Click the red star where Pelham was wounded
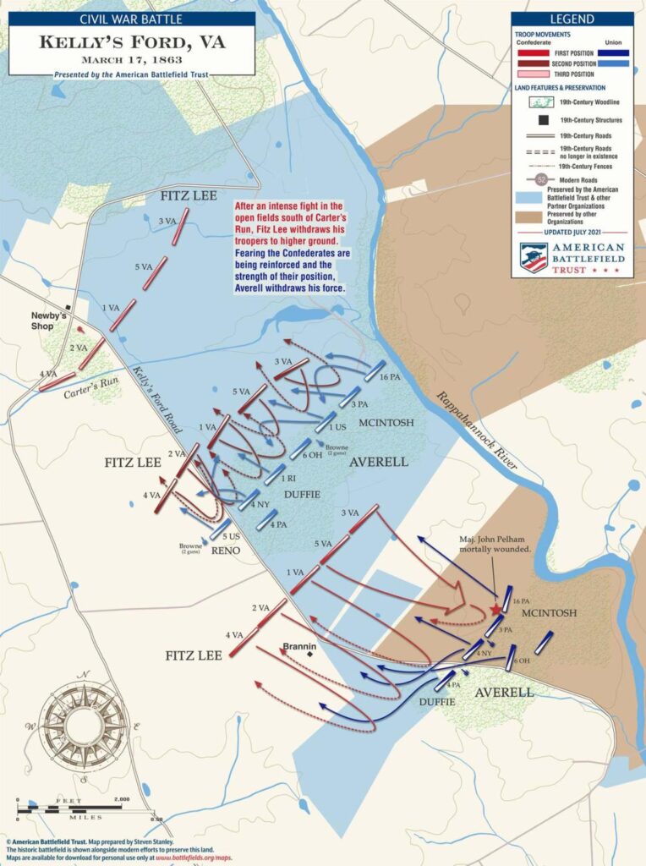point(495,609)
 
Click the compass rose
point(83,725)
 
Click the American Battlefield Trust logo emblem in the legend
point(533,257)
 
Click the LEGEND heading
point(572,19)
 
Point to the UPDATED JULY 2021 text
point(572,230)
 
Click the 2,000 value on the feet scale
point(123,799)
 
